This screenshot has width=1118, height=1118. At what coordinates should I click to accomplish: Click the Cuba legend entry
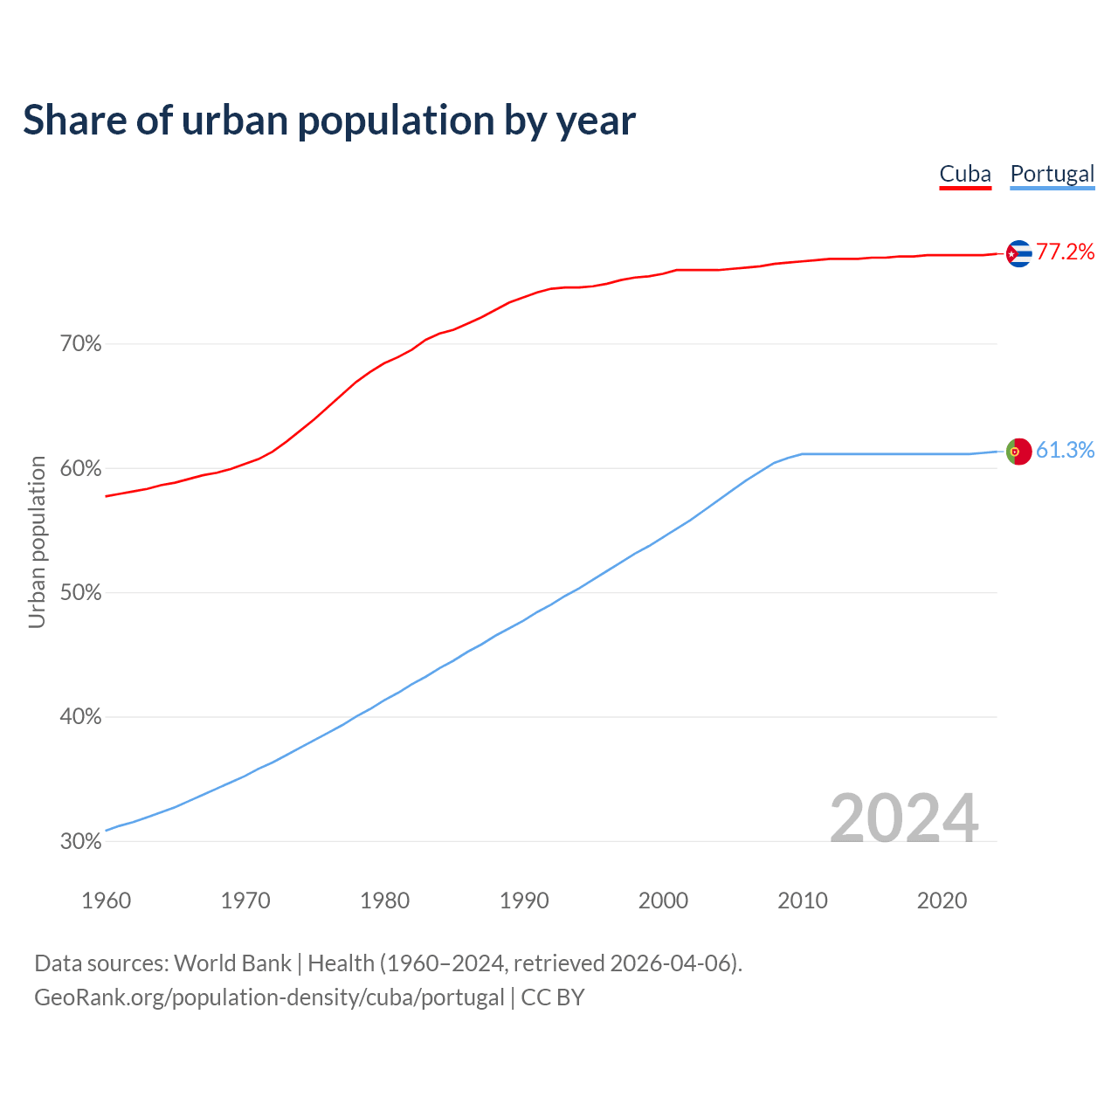pos(965,174)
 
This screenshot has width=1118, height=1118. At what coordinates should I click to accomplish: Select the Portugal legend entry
pos(1052,174)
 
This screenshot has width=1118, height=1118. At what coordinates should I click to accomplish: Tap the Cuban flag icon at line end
pos(1018,253)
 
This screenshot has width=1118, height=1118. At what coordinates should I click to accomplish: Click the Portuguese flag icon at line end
pos(1018,451)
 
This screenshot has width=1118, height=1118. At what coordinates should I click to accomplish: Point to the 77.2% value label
pos(1066,252)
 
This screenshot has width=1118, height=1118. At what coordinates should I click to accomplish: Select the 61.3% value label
pos(1066,450)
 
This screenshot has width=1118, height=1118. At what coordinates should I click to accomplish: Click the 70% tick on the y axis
pos(80,344)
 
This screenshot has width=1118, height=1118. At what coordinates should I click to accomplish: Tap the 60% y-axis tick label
pos(80,469)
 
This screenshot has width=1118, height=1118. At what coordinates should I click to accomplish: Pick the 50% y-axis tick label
pos(80,593)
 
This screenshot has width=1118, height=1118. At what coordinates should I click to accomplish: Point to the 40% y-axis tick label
pos(80,717)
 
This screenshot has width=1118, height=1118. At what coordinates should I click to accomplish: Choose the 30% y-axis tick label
pos(80,842)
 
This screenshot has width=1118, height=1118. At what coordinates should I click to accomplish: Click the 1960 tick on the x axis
pos(106,901)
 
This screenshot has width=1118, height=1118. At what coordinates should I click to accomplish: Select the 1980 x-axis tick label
pos(384,901)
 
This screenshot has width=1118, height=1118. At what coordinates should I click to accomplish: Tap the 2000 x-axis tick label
pos(663,901)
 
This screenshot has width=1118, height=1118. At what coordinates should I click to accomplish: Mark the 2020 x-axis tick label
pos(942,901)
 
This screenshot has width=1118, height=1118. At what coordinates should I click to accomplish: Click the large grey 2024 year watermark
pos(903,818)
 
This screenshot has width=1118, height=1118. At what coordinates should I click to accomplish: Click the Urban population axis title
pos(37,542)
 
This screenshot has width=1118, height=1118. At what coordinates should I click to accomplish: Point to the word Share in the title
pos(74,121)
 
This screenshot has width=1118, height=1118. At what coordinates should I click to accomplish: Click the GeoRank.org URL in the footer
pos(269,997)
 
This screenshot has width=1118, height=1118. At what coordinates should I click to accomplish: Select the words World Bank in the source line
pos(232,963)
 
